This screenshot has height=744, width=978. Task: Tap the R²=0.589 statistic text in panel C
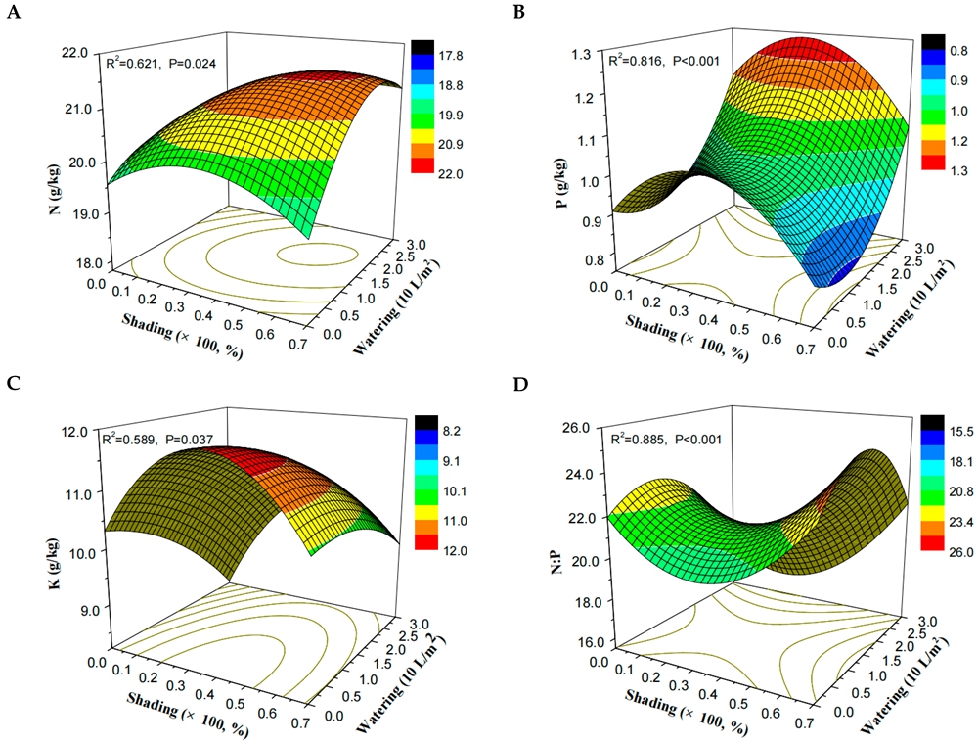[159, 440]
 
